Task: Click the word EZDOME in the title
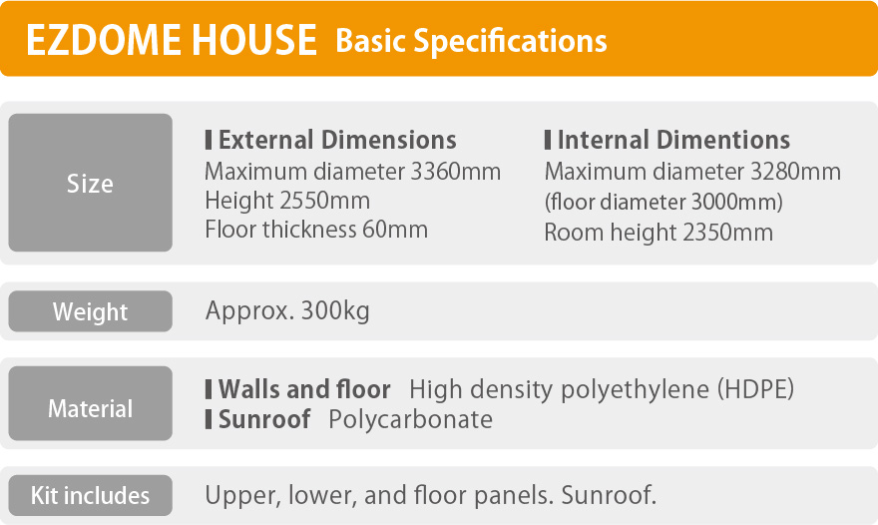click(104, 40)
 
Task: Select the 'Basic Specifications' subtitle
click(471, 42)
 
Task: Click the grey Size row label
click(90, 183)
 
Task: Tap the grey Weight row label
click(90, 311)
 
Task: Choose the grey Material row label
click(90, 403)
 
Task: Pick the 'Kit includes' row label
click(90, 495)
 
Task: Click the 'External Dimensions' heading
click(337, 140)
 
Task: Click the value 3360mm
click(456, 172)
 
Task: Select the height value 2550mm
click(325, 201)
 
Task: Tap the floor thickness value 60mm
click(395, 230)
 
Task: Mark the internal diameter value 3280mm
click(796, 172)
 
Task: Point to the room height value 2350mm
click(728, 232)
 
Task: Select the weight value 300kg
click(335, 311)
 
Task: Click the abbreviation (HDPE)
click(756, 389)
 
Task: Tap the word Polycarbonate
click(410, 419)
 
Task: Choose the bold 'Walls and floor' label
click(304, 389)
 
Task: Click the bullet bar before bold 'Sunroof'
click(209, 419)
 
